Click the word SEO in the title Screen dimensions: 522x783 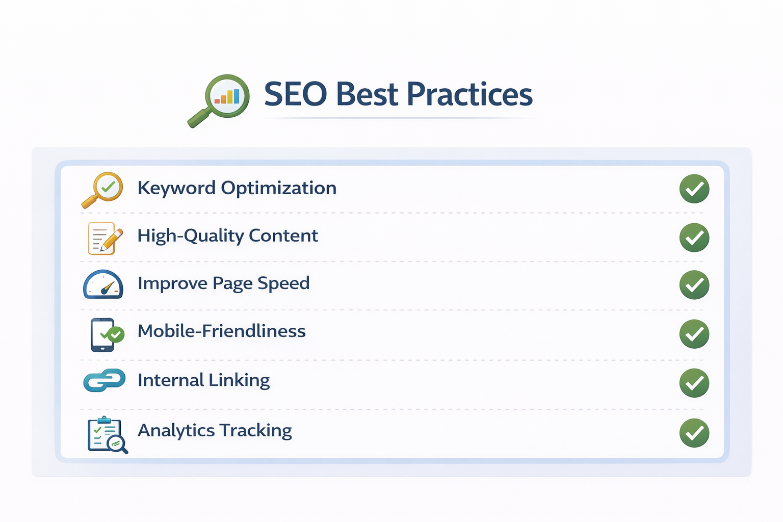tap(295, 94)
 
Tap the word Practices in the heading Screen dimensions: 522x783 tap(469, 94)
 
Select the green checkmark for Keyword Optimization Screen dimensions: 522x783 tap(694, 189)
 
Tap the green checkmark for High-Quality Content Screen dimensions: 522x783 tap(694, 238)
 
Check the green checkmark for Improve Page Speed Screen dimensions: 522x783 tap(694, 285)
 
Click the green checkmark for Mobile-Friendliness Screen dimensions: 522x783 tap(694, 334)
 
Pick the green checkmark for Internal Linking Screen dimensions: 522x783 tap(694, 383)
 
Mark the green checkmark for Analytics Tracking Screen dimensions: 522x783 tap(694, 433)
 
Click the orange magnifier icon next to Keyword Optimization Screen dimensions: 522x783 tap(103, 189)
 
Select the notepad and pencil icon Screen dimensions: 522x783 tap(105, 238)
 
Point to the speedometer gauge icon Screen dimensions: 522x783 tap(103, 284)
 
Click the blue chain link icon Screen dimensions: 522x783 tap(105, 380)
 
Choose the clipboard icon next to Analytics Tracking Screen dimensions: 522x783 tap(107, 435)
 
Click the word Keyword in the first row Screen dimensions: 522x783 tap(176, 188)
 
